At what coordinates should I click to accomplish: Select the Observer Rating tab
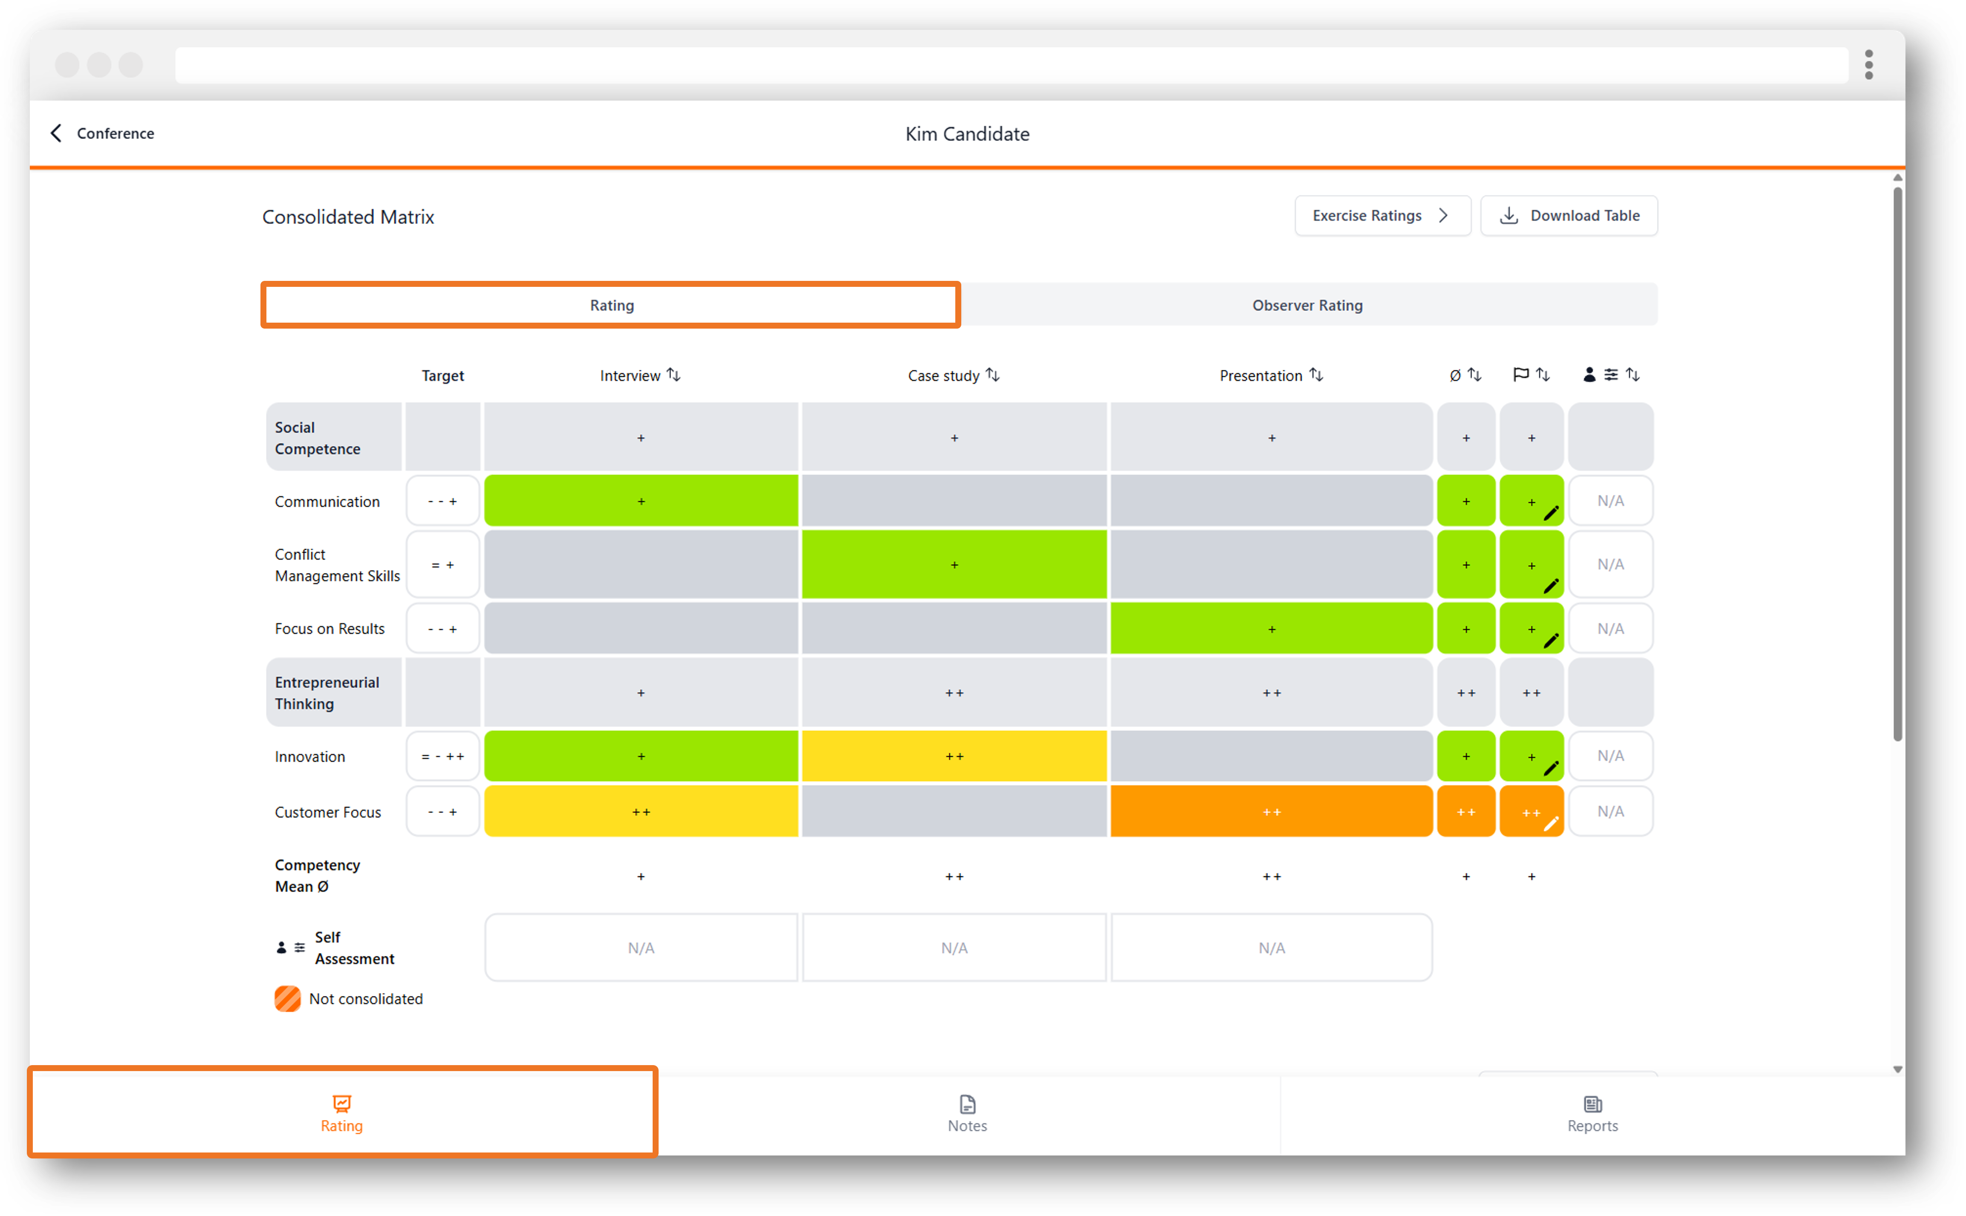coord(1307,305)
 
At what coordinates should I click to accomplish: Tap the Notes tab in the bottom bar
coord(967,1114)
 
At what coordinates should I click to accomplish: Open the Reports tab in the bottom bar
coord(1592,1114)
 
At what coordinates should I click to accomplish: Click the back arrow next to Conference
coord(55,133)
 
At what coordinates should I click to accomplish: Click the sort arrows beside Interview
coord(674,375)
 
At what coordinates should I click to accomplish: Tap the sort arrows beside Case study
coord(993,375)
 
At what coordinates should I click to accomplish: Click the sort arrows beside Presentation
coord(1316,375)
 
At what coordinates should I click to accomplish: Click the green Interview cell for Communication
coord(641,501)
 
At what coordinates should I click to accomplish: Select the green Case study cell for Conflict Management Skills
coord(954,565)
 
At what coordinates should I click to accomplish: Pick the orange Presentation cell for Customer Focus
coord(1271,812)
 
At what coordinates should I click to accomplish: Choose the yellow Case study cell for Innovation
coord(954,756)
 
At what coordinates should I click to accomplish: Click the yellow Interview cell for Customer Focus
coord(641,812)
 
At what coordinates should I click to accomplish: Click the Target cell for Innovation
coord(443,756)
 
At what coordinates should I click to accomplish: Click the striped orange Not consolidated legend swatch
coord(287,999)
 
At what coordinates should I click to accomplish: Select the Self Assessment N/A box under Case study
coord(954,947)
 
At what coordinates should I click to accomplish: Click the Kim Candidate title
coord(967,133)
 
